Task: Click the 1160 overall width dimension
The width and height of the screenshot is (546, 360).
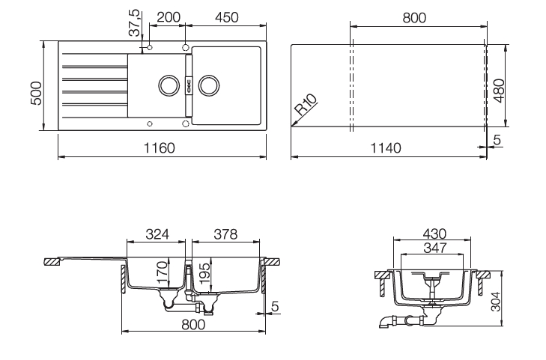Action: (159, 148)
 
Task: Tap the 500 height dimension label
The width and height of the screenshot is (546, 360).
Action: (36, 93)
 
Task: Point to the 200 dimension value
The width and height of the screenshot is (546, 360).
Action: (169, 17)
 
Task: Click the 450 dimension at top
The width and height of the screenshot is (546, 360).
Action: (227, 17)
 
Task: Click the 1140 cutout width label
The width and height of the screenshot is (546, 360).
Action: (386, 148)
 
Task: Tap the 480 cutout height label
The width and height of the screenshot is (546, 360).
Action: (500, 91)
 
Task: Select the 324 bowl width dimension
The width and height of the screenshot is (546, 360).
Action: (157, 234)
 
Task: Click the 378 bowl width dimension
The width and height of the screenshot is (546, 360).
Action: (225, 234)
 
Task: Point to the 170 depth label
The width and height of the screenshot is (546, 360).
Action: (163, 272)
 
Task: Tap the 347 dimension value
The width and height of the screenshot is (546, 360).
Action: (435, 248)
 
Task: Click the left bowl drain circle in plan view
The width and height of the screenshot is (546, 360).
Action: (169, 85)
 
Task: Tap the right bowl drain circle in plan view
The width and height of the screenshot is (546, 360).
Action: (209, 85)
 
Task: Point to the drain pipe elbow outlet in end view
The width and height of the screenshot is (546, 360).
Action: (384, 322)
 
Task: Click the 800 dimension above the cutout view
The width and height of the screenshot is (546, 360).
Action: (414, 17)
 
